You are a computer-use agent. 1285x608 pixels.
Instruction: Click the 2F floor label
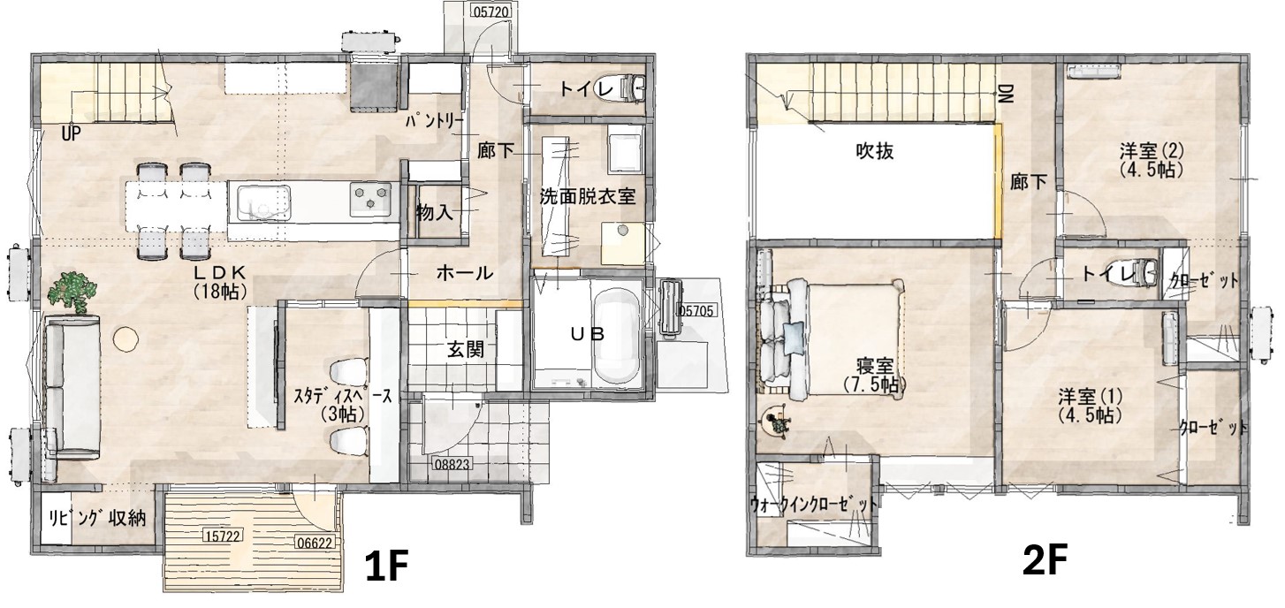tap(1045, 559)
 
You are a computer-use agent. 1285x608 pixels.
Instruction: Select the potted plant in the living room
tap(72, 293)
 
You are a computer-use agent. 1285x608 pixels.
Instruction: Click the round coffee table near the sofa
tap(125, 338)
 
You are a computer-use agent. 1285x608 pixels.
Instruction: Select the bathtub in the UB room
tap(614, 335)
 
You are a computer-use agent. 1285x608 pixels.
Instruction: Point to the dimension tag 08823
tap(452, 462)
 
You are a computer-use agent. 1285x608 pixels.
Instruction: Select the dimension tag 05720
tap(491, 11)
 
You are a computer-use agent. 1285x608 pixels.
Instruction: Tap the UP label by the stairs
tap(71, 134)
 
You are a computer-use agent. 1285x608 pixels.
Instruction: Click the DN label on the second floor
tap(1006, 94)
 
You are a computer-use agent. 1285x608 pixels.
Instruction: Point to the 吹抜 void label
tap(875, 151)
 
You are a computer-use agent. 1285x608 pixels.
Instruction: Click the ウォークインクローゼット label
tap(813, 505)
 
